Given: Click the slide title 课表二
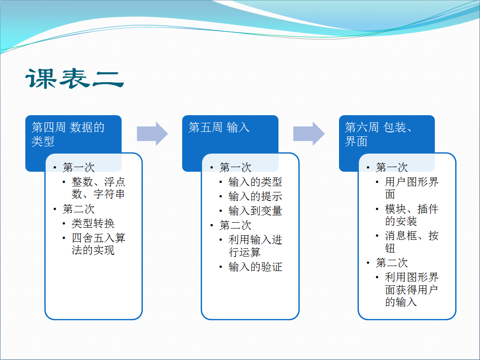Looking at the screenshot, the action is click(x=75, y=79).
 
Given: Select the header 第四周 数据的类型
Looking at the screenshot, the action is click(x=68, y=134).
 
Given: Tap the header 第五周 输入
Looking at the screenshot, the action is click(x=219, y=127).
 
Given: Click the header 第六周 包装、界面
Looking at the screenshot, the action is click(x=378, y=134).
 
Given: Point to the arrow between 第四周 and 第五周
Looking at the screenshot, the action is click(x=152, y=134).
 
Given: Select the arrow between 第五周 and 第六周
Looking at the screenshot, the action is click(x=309, y=134).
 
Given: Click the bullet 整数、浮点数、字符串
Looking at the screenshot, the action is click(x=98, y=188).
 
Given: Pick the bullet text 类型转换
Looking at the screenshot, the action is click(x=93, y=223).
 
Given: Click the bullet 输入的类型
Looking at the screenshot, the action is click(x=255, y=182).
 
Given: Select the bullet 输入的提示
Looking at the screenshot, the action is click(x=255, y=196).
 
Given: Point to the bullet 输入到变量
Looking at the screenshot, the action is click(x=255, y=211).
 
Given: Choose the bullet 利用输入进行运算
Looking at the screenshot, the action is click(x=255, y=246).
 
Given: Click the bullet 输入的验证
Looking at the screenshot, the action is click(x=255, y=266).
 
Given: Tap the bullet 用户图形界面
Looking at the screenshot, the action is click(x=411, y=188).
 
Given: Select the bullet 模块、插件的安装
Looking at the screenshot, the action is click(x=411, y=215).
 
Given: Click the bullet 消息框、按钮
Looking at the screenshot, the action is click(x=411, y=242).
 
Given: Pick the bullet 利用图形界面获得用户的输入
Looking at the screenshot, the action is click(x=411, y=290).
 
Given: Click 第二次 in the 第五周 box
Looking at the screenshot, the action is click(x=235, y=225).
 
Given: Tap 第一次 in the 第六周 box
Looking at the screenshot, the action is click(x=391, y=167).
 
